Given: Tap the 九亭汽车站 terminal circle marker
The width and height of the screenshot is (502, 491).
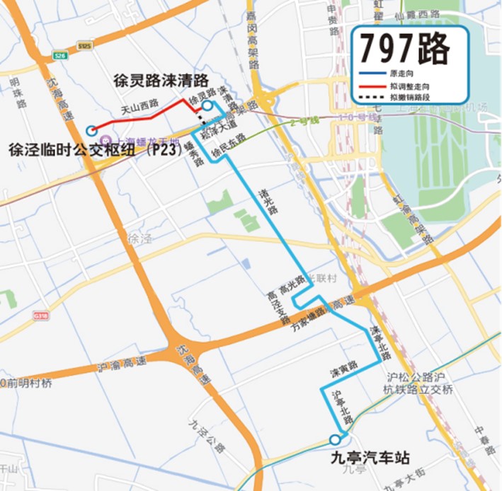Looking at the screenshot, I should pos(335,439).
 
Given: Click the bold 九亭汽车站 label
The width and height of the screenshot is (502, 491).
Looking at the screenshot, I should pos(370,458).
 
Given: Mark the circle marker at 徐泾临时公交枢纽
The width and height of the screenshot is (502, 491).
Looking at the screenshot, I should pos(91,129).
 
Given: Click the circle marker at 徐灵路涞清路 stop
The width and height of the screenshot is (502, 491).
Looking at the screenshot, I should pos(206,106).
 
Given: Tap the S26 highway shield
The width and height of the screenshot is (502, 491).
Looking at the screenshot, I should pos(60,55).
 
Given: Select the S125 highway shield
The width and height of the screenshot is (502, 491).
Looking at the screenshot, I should pos(85,46).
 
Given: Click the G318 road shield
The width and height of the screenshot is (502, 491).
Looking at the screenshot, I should pos(41,316).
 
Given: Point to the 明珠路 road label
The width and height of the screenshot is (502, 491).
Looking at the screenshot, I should pos(14,92).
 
